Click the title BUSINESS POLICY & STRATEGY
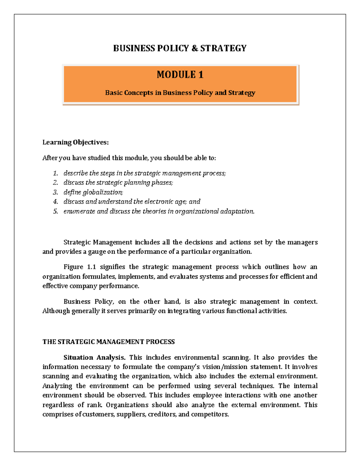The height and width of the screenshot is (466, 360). [180, 48]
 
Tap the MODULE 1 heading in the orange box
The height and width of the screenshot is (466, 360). [180, 74]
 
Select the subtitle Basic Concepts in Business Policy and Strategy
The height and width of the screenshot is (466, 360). [180, 93]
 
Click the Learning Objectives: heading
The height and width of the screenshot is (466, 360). [75, 142]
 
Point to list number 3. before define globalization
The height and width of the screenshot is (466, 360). [55, 192]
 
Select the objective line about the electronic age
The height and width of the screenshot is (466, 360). [132, 202]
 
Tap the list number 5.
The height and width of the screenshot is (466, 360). [55, 211]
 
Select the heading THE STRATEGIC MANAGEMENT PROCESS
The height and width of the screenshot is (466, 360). [109, 342]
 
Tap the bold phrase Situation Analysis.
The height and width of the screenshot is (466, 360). [94, 357]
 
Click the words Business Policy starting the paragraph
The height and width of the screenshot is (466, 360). [88, 302]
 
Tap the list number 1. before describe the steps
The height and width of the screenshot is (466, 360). [55, 173]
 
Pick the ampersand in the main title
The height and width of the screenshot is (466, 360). [195, 48]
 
